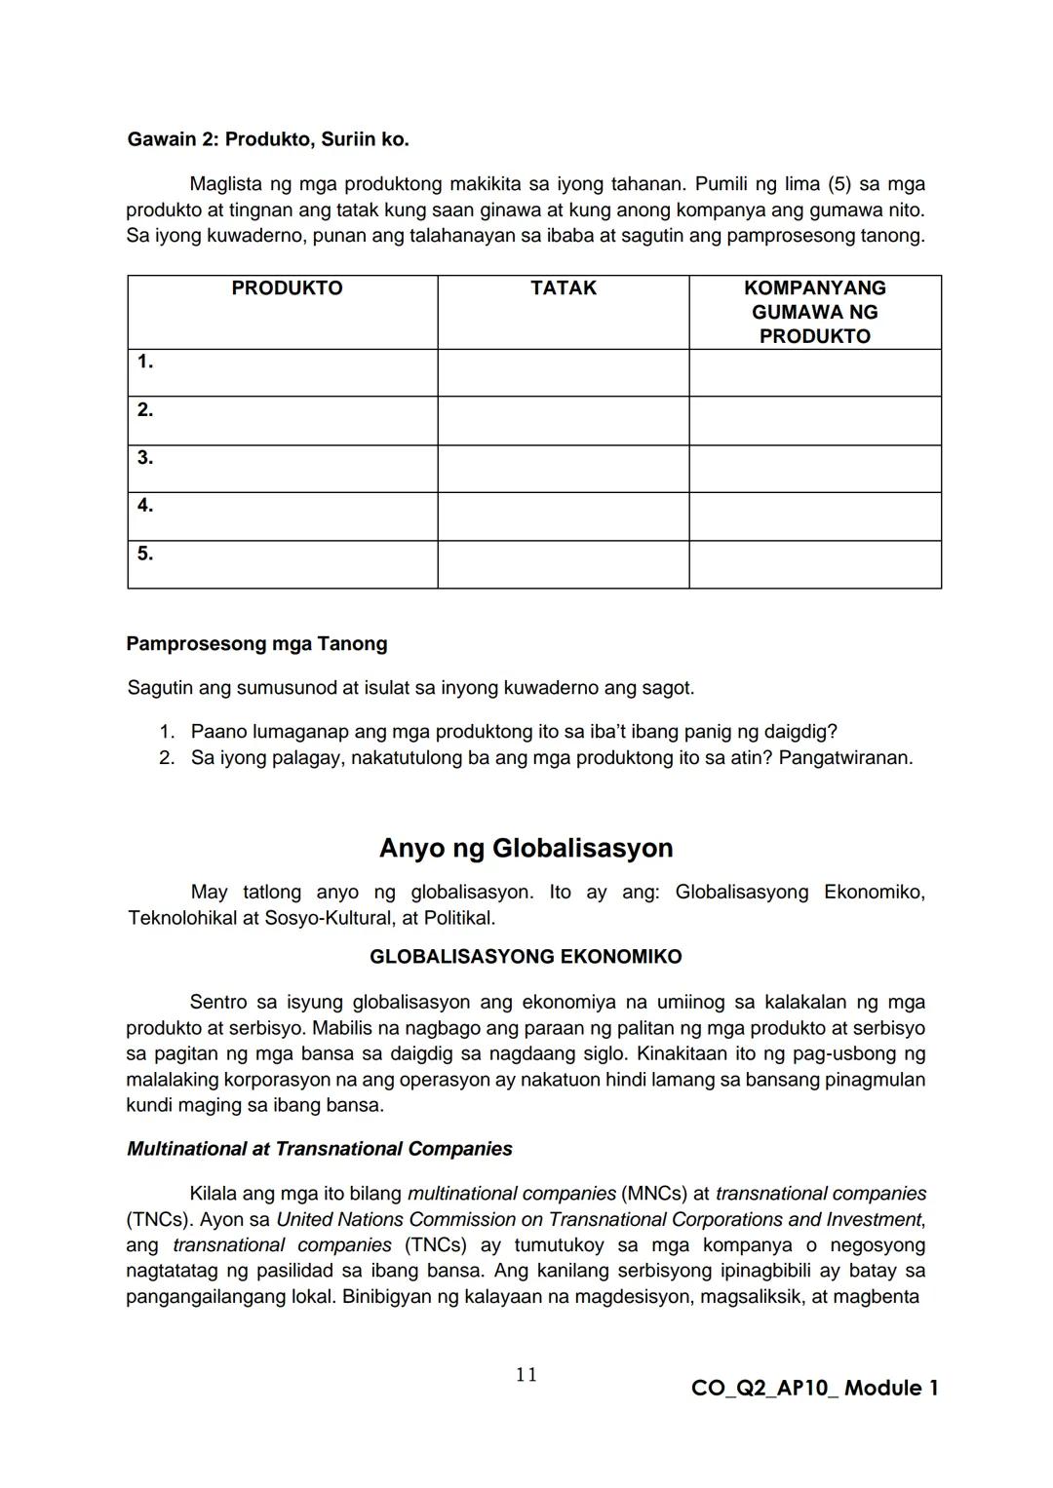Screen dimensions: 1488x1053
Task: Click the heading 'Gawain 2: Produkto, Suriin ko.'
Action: tap(268, 139)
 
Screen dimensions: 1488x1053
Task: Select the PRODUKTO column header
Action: tap(287, 288)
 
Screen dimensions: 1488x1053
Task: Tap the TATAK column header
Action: tap(564, 288)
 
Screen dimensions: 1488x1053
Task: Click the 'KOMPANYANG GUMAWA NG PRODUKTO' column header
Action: tap(814, 312)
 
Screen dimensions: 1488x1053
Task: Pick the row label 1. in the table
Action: tap(145, 362)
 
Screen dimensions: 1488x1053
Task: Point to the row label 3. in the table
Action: tap(145, 458)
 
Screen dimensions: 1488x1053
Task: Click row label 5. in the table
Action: tap(145, 553)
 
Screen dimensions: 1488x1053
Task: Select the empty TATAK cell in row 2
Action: tap(564, 421)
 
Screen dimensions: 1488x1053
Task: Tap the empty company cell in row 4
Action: tap(814, 516)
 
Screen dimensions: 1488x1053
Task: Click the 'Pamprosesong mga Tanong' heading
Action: tap(256, 644)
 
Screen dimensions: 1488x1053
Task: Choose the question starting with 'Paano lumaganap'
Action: tap(514, 732)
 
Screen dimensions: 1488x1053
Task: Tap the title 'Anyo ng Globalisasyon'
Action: tap(526, 848)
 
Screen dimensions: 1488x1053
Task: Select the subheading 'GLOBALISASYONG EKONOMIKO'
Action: tap(526, 957)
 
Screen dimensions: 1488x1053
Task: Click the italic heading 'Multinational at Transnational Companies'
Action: tap(319, 1149)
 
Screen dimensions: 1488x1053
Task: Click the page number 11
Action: tap(526, 1375)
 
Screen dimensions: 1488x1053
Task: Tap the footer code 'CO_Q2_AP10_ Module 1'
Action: tap(814, 1389)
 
